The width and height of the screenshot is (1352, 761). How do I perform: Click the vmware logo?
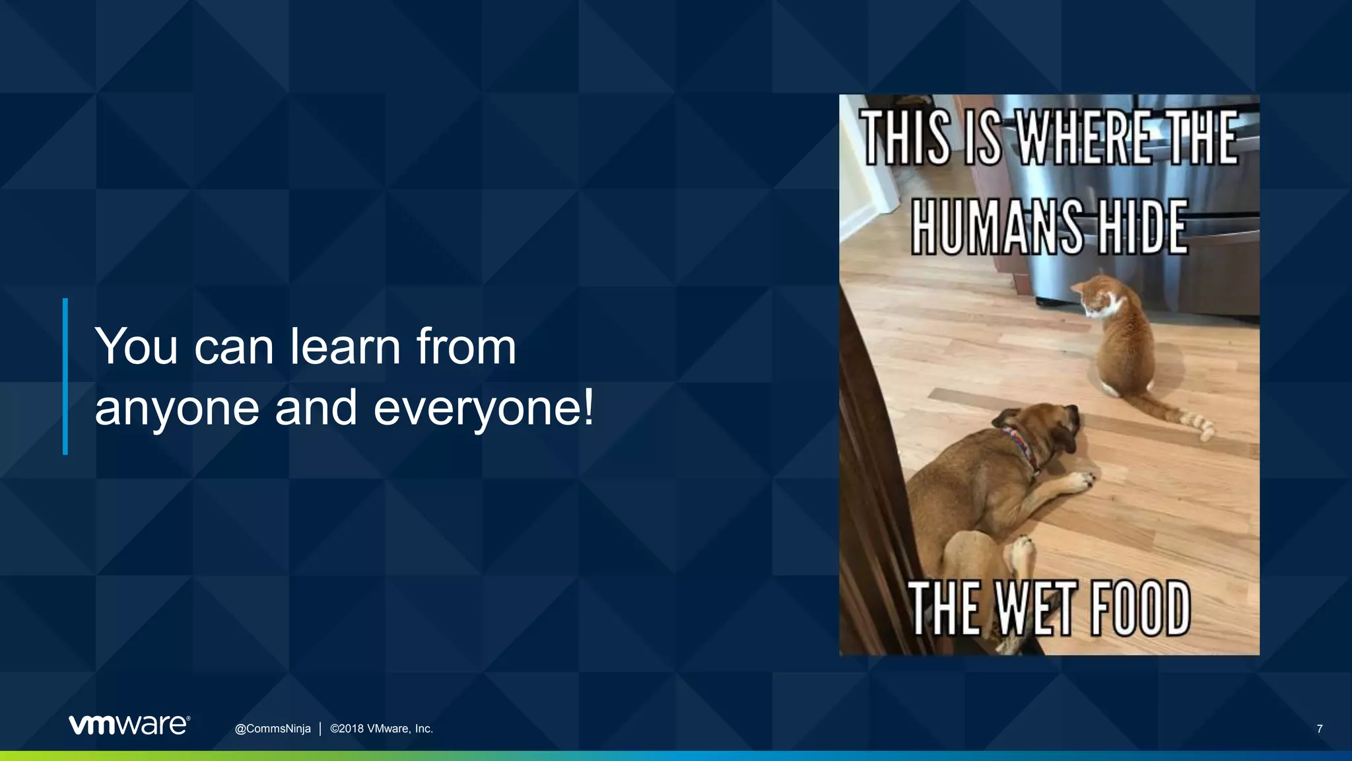[129, 725]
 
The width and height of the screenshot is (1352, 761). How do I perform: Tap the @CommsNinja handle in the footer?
[273, 729]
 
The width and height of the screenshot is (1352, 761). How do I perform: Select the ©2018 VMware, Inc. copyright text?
[382, 729]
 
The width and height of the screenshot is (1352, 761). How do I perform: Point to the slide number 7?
[1319, 729]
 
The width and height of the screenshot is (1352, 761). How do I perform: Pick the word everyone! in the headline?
[484, 408]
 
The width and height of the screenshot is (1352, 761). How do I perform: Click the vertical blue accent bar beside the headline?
[65, 377]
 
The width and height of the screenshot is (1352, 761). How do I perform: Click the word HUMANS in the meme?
[997, 228]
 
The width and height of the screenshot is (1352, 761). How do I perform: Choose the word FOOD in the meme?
[1140, 609]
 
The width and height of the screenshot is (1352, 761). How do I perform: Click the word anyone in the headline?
[177, 408]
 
